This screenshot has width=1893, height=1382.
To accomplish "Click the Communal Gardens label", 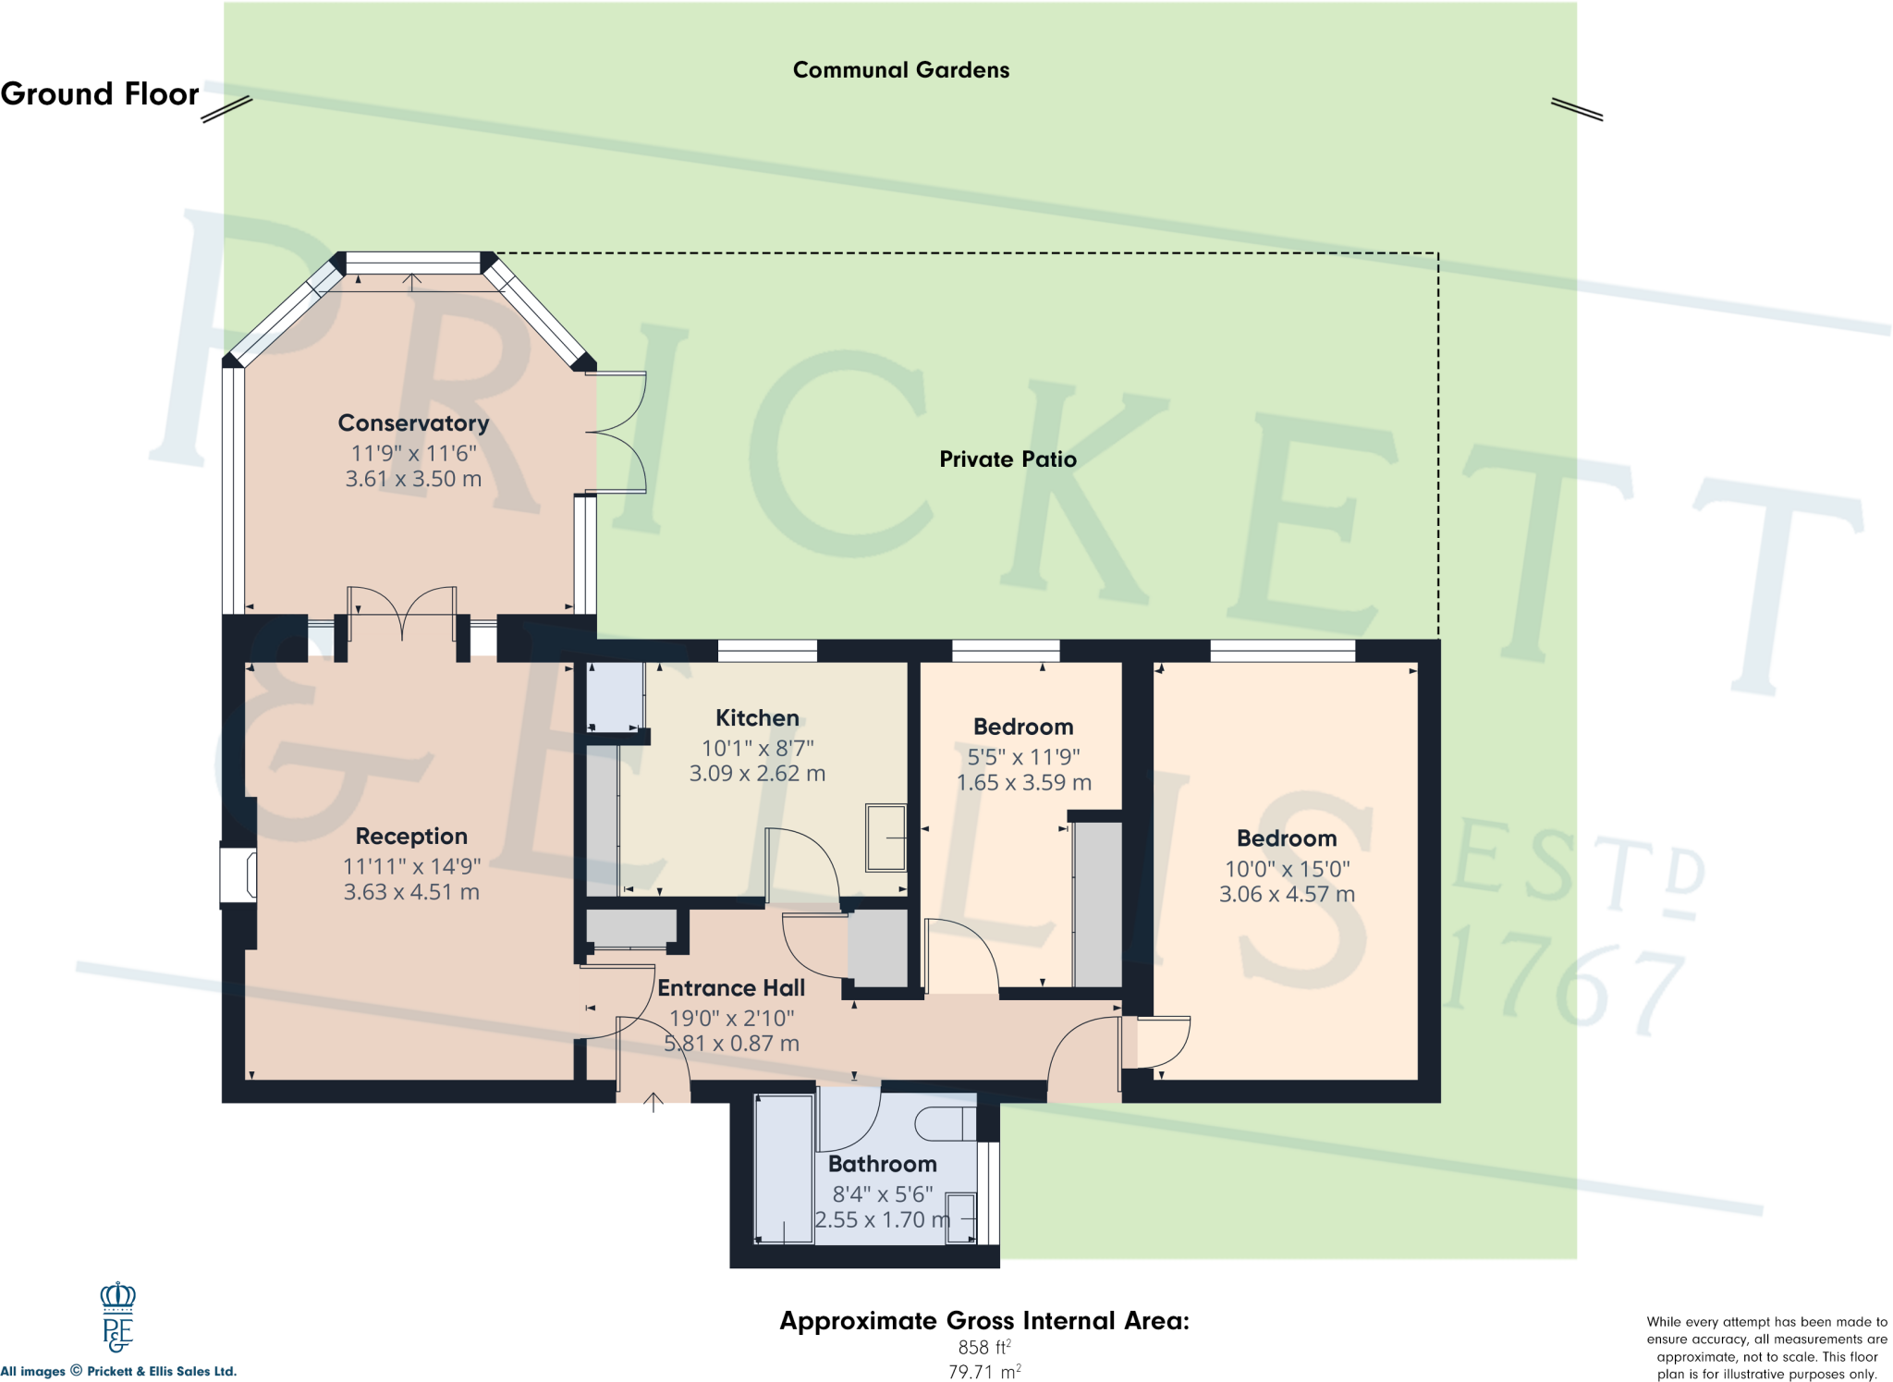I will pyautogui.click(x=900, y=70).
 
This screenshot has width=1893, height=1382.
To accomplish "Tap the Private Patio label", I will pyautogui.click(x=1008, y=459).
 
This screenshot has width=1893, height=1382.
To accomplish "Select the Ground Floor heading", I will pyautogui.click(x=100, y=94).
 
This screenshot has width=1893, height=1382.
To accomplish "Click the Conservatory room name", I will pyautogui.click(x=413, y=423).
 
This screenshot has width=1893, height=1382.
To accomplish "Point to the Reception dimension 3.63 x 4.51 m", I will pyautogui.click(x=411, y=892).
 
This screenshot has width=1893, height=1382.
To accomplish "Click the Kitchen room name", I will pyautogui.click(x=757, y=718).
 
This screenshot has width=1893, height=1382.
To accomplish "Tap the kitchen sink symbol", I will pyautogui.click(x=885, y=838).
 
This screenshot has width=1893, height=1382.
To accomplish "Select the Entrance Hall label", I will pyautogui.click(x=731, y=988).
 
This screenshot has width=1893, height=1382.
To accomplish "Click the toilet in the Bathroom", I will pyautogui.click(x=945, y=1123).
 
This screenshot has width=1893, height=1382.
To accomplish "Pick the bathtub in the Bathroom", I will pyautogui.click(x=784, y=1169).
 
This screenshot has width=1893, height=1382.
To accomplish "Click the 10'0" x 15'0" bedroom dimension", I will pyautogui.click(x=1287, y=869).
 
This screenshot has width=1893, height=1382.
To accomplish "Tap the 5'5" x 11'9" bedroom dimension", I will pyautogui.click(x=1023, y=757).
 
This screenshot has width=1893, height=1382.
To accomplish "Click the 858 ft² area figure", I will pyautogui.click(x=983, y=1348).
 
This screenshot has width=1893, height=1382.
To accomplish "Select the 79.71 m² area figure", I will pyautogui.click(x=983, y=1372).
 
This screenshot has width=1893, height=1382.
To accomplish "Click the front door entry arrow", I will pyautogui.click(x=653, y=1101).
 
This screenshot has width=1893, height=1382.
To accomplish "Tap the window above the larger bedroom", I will pyautogui.click(x=1282, y=651).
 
